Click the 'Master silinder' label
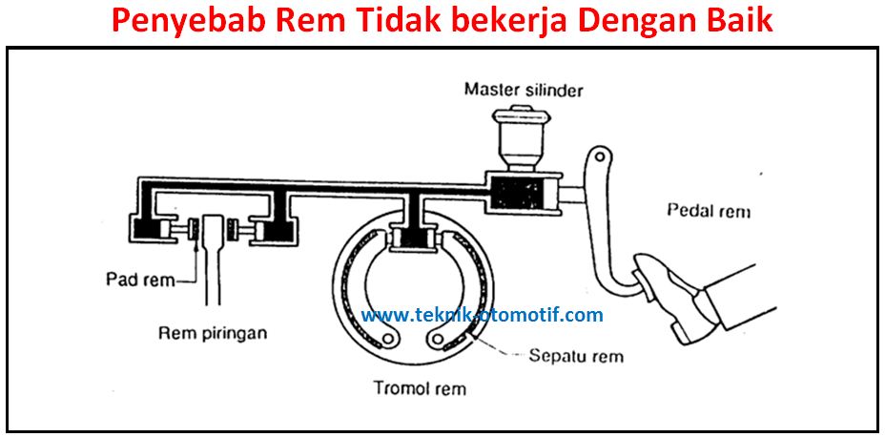524,91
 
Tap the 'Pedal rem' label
710,211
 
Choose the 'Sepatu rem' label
575,356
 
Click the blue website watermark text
483,315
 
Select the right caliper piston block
278,229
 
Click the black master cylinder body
520,194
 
